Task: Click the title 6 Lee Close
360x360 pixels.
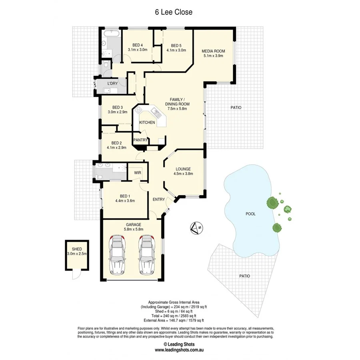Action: coord(174,12)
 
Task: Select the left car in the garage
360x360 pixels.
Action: coord(117,255)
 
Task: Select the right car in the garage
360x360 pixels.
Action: coord(146,255)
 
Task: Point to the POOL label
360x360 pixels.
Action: coord(250,214)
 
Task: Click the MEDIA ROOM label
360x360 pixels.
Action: coord(213,51)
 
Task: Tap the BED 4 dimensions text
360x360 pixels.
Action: coord(138,50)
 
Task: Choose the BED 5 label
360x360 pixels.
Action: coord(176,45)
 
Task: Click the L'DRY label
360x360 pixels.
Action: coord(112,83)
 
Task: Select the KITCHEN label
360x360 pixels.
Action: coord(147,122)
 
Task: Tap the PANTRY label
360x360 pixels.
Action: coord(140,140)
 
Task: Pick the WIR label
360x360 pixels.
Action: coord(137,172)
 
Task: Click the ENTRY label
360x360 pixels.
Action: coord(159,199)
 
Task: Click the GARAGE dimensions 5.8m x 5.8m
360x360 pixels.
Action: coord(133,229)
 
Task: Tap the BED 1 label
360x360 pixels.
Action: coord(125,196)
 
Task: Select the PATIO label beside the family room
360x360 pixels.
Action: coord(236,108)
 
